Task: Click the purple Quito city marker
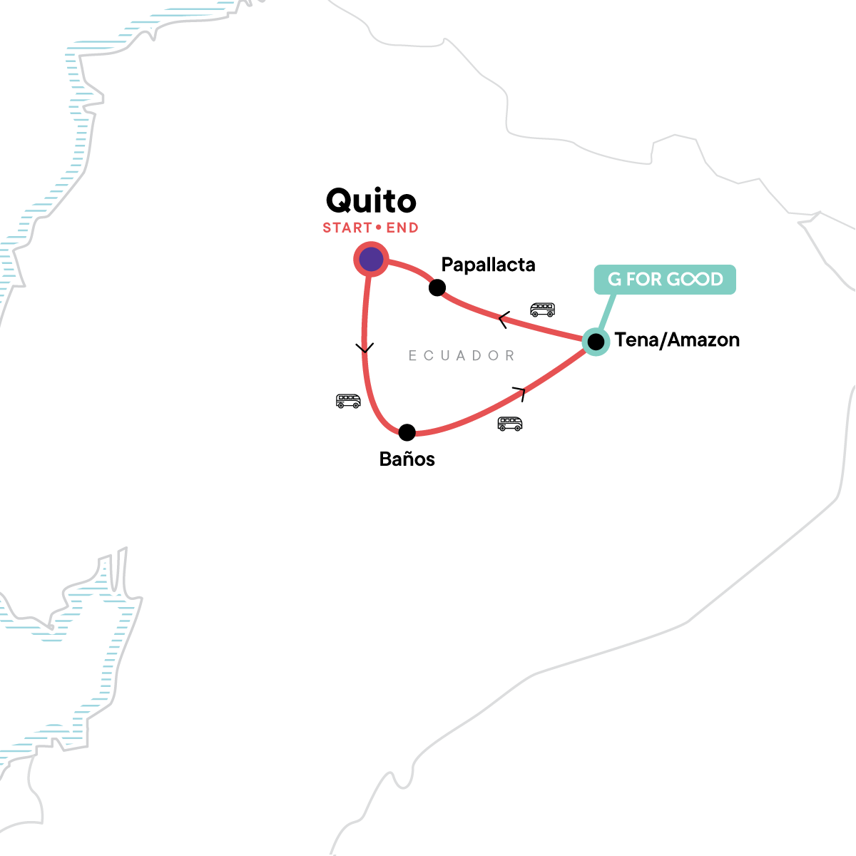[371, 260]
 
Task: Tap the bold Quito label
[371, 201]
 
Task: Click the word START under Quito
[347, 228]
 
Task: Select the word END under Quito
[402, 228]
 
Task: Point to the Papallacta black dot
[437, 287]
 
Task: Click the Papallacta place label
[488, 265]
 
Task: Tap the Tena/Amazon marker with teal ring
[596, 342]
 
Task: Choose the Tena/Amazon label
[677, 340]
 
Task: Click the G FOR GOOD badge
[665, 279]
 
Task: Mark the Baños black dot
[407, 432]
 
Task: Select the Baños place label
[407, 459]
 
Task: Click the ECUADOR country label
[462, 355]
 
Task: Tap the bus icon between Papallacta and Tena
[542, 310]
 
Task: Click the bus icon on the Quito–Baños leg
[348, 401]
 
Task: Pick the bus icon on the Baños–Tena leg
[509, 424]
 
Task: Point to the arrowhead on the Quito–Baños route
[365, 349]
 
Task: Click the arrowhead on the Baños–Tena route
[520, 391]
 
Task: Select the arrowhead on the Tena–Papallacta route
[503, 320]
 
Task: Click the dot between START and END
[379, 228]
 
